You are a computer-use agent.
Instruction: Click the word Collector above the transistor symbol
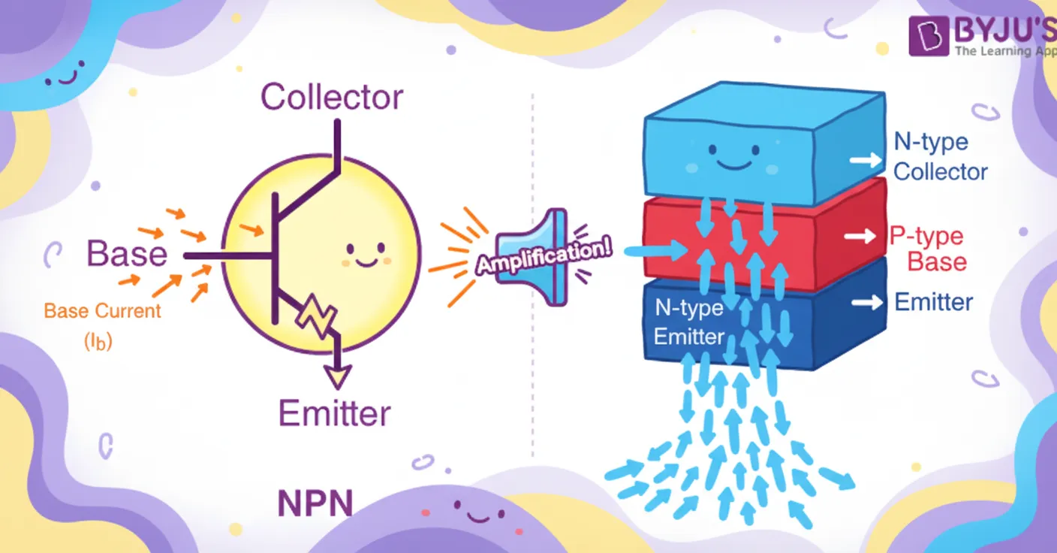[x=332, y=97]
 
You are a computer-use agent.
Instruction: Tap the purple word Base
[x=127, y=254]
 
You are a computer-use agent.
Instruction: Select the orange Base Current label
[x=102, y=311]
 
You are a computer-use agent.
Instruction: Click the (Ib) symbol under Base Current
[x=98, y=341]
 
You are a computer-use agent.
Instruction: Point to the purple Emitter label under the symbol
[x=335, y=413]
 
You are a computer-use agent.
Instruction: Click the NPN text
[x=315, y=503]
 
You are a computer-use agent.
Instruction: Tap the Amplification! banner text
[x=544, y=256]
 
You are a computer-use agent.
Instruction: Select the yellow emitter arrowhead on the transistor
[x=338, y=376]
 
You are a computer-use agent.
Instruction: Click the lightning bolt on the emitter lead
[x=316, y=315]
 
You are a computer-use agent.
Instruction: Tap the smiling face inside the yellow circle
[x=366, y=255]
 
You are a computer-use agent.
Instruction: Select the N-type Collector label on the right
[x=940, y=156]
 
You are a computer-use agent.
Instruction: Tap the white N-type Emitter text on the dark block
[x=689, y=322]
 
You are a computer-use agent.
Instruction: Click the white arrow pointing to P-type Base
[x=860, y=236]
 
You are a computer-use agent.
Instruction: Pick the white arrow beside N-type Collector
[x=866, y=161]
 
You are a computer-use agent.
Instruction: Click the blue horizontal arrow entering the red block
[x=655, y=250]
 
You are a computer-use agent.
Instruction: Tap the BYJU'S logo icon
[x=929, y=36]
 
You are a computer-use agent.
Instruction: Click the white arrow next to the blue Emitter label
[x=867, y=302]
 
